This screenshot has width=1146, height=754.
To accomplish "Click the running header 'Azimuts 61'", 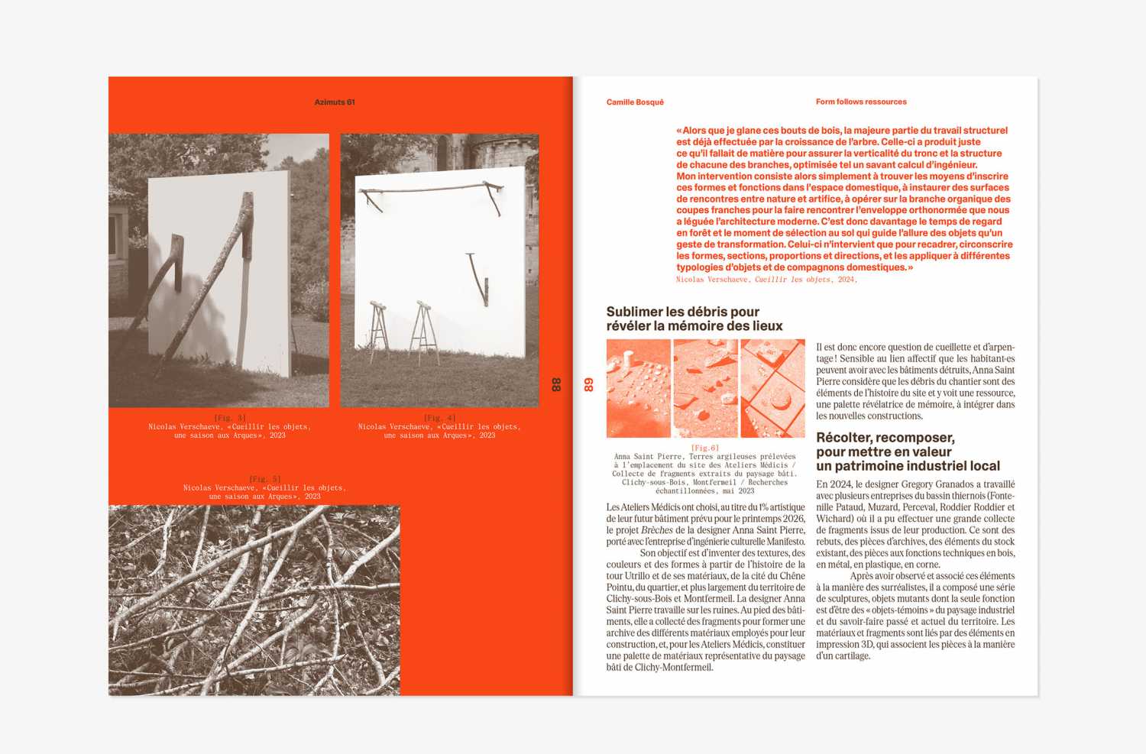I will [335, 102].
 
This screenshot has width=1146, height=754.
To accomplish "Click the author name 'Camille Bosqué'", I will [635, 102].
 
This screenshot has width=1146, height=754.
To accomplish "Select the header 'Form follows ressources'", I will [861, 102].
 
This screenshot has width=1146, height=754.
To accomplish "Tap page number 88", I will [556, 384].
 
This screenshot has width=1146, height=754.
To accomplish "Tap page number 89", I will [589, 384].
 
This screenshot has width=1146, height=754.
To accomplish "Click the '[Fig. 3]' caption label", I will [230, 418].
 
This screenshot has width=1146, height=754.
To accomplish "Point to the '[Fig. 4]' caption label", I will [439, 418].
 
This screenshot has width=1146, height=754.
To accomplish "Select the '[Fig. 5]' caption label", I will [264, 479].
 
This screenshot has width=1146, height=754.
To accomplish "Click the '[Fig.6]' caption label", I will [704, 448].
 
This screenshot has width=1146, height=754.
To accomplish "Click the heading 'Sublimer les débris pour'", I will [682, 312].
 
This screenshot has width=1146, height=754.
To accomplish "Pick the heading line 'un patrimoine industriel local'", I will [908, 466].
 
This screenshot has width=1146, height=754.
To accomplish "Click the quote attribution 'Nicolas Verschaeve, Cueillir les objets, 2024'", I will [766, 280].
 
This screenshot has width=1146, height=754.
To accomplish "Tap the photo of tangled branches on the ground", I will [254, 600].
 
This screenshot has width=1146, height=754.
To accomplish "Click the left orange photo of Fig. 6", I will [639, 388].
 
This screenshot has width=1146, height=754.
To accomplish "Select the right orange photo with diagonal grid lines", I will [772, 388].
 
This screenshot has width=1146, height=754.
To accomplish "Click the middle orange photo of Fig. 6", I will [705, 388].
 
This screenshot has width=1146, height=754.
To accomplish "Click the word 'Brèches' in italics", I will [656, 530].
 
